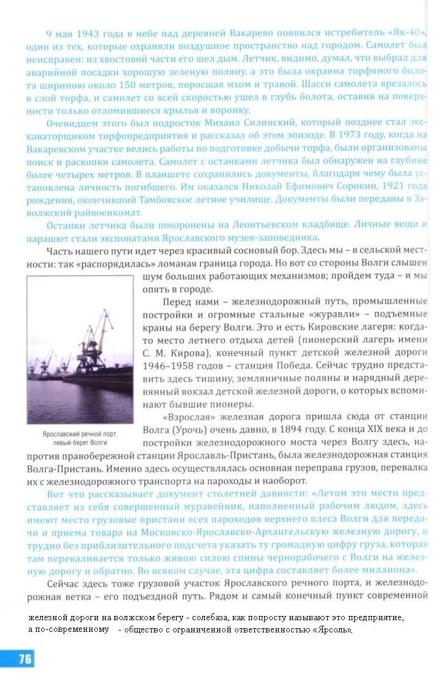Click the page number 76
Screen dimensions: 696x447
tap(24, 658)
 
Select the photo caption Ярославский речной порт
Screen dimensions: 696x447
tap(79, 433)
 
